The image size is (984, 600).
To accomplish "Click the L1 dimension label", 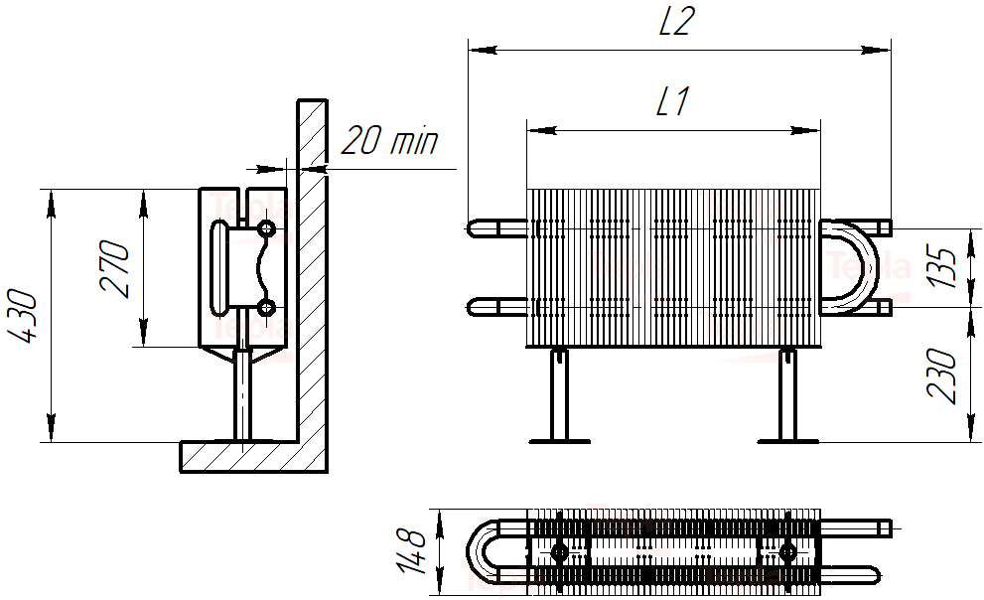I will [x=672, y=102].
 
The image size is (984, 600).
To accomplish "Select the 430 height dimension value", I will [x=26, y=317].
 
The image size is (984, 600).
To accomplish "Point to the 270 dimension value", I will [x=116, y=268].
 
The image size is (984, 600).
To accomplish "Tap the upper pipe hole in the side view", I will [x=266, y=229].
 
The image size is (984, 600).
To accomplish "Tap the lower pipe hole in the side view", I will [x=266, y=306].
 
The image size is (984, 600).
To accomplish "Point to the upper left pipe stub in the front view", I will [x=496, y=228].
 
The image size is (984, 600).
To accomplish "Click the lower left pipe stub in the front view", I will [x=496, y=306].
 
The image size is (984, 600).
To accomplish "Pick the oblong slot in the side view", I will [x=218, y=268].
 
